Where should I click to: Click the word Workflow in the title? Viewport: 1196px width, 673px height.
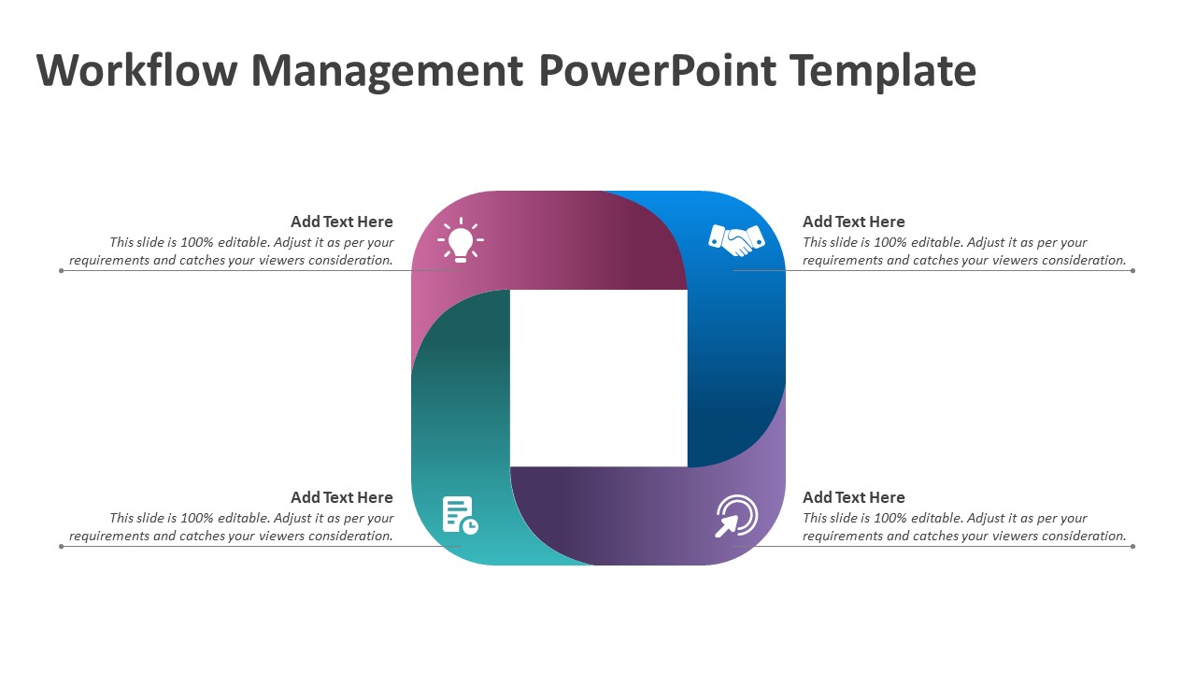pos(137,70)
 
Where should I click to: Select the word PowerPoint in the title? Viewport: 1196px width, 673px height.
pos(658,70)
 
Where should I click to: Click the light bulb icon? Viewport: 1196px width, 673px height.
pos(461,240)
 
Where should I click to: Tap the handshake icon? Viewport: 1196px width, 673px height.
pos(736,240)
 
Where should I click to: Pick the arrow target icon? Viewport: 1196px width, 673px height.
pos(736,516)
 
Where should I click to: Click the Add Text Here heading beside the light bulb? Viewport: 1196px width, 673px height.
pos(342,222)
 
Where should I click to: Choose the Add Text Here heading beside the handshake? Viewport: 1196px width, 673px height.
pos(854,222)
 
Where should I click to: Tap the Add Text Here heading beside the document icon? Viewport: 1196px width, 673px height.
pos(342,497)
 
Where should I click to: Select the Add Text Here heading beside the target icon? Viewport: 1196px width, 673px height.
pos(854,497)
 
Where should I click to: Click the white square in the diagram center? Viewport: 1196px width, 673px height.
pos(599,379)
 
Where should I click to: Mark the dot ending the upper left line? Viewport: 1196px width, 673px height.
pos(62,271)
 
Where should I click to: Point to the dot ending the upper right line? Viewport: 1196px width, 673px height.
pos(1133,271)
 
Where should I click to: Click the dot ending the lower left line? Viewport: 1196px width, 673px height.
pos(62,547)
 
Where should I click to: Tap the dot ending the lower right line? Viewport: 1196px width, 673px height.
pos(1133,547)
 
